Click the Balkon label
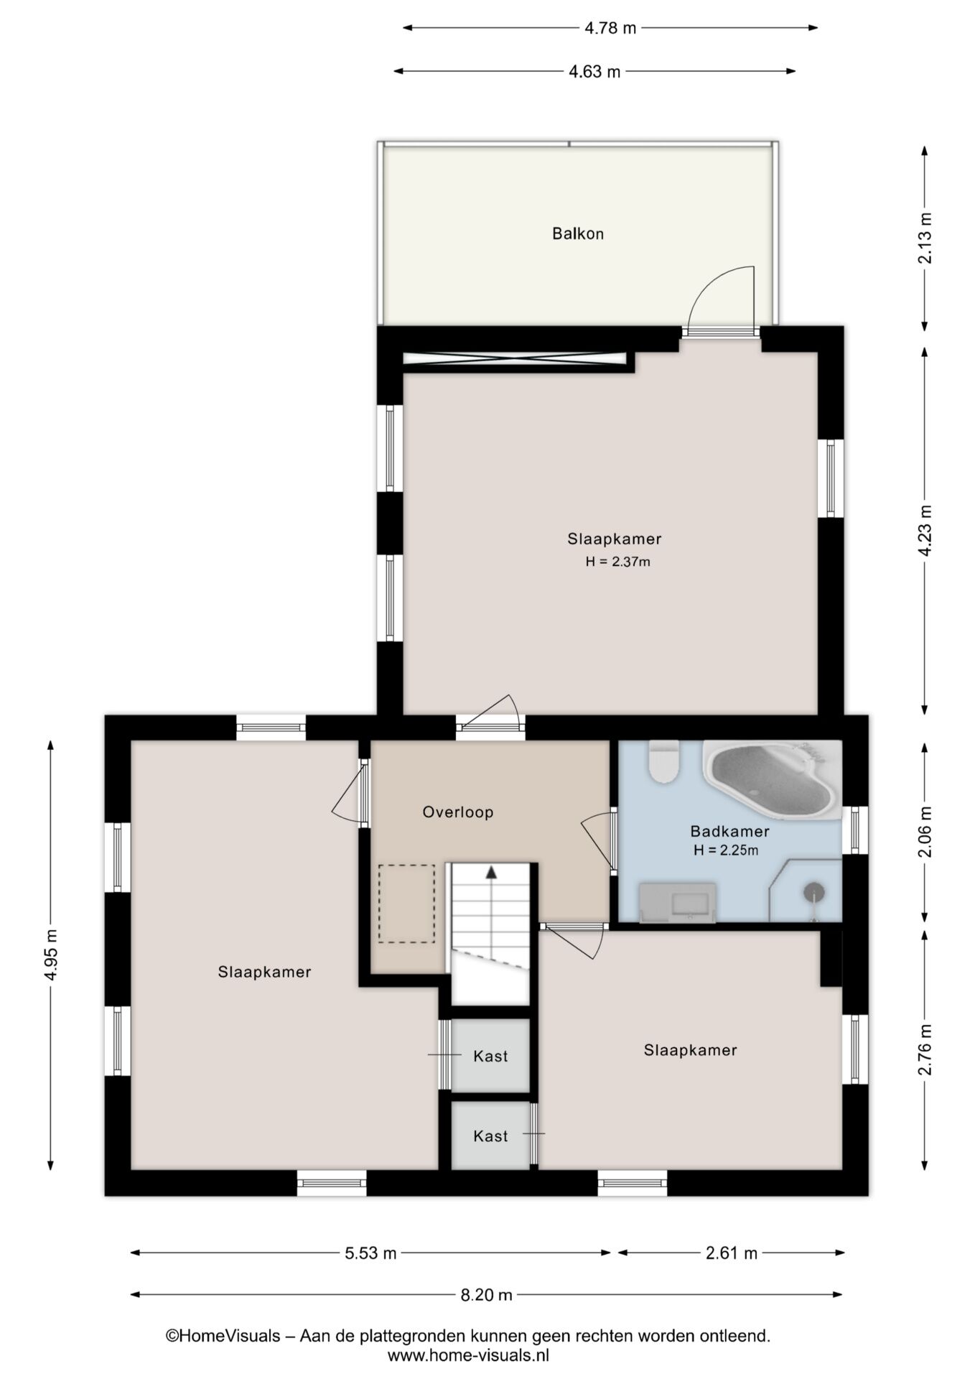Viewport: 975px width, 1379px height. pyautogui.click(x=578, y=233)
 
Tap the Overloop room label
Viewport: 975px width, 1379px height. pyautogui.click(x=458, y=812)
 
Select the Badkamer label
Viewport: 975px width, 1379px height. pyautogui.click(x=729, y=831)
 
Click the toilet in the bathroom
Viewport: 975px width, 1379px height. pyautogui.click(x=663, y=761)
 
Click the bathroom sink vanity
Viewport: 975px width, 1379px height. pyautogui.click(x=678, y=902)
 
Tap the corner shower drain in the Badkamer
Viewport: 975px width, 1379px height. pyautogui.click(x=814, y=892)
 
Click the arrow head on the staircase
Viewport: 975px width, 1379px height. pyautogui.click(x=491, y=872)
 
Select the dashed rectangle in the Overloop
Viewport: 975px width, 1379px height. pyautogui.click(x=406, y=904)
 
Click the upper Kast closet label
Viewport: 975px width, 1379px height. pyautogui.click(x=490, y=1057)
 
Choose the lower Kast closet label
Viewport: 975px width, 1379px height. pyautogui.click(x=490, y=1136)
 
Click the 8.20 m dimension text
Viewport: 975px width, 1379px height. pyautogui.click(x=486, y=1295)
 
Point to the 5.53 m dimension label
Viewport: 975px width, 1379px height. pyautogui.click(x=370, y=1253)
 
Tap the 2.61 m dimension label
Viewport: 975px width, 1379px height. pyautogui.click(x=732, y=1253)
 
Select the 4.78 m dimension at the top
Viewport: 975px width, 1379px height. pyautogui.click(x=610, y=28)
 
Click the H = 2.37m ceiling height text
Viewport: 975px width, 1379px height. pyautogui.click(x=618, y=562)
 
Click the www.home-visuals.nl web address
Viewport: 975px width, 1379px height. pyautogui.click(x=468, y=1355)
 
